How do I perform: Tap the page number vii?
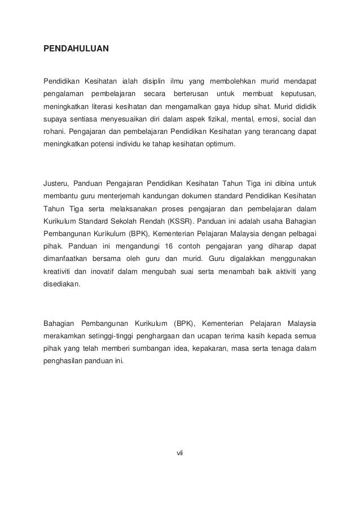point(181,452)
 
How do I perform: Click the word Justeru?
point(56,184)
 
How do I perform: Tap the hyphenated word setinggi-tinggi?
point(108,337)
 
